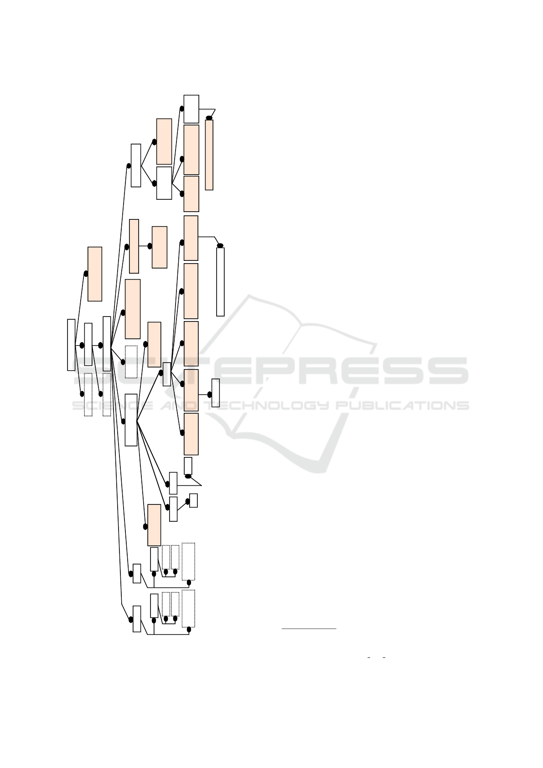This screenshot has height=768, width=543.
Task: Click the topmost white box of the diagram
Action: tap(191, 109)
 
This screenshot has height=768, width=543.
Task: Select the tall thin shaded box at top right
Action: tap(209, 155)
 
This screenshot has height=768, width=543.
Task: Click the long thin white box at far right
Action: tap(220, 281)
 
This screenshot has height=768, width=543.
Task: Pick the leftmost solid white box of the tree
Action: tap(71, 345)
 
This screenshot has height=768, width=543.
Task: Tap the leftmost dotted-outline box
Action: tap(88, 394)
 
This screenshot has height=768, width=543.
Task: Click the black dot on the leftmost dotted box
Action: tap(82, 394)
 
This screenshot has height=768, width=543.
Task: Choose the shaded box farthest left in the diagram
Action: tap(95, 274)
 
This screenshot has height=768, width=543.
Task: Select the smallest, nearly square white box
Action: tap(193, 500)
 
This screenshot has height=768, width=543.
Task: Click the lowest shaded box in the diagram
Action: tap(154, 524)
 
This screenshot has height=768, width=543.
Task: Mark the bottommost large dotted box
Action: tap(188, 608)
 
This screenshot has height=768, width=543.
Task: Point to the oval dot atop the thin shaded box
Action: tap(209, 118)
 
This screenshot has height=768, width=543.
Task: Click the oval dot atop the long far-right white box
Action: tap(220, 245)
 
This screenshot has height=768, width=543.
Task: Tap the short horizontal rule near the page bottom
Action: tap(309, 629)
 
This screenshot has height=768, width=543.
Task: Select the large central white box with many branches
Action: tap(131, 420)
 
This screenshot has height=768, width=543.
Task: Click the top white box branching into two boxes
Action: tap(136, 165)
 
